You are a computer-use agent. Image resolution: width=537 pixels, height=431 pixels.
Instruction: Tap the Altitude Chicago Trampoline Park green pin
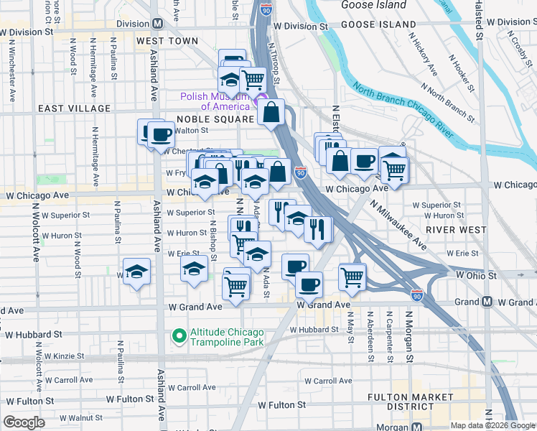click(177, 335)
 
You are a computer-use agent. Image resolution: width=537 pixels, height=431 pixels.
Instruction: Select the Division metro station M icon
click(156, 23)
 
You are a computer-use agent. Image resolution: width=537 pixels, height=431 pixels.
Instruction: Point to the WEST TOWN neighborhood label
click(167, 41)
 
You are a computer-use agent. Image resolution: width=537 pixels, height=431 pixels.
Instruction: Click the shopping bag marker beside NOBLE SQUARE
click(271, 112)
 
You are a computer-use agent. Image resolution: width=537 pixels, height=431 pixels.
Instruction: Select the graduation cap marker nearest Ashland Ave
click(136, 272)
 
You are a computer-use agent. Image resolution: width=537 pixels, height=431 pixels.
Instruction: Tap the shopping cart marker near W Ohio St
click(352, 276)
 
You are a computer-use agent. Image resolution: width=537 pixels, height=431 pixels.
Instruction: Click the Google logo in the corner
click(24, 422)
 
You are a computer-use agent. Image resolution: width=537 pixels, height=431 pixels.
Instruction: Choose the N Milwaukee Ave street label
click(398, 225)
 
